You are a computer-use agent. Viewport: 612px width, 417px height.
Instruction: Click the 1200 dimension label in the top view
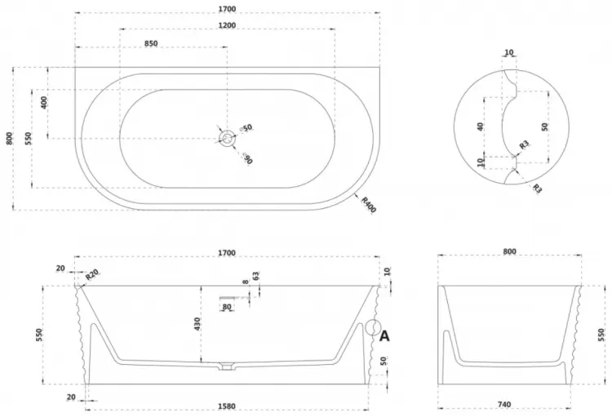pyautogui.click(x=227, y=25)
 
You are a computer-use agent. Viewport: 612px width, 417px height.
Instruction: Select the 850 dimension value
pyautogui.click(x=151, y=43)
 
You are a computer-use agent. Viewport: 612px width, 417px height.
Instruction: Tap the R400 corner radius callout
pyautogui.click(x=368, y=205)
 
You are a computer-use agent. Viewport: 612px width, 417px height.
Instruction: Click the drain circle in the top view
pyautogui.click(x=227, y=138)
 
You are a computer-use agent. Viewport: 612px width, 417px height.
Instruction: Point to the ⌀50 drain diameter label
pyautogui.click(x=246, y=128)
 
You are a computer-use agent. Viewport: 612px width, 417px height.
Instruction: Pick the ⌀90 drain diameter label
pyautogui.click(x=247, y=158)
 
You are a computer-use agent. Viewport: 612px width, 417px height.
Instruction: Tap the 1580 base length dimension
pyautogui.click(x=226, y=406)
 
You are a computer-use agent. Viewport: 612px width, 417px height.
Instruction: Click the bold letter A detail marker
pyautogui.click(x=384, y=335)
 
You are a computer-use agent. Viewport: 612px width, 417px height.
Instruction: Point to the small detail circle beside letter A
pyautogui.click(x=373, y=328)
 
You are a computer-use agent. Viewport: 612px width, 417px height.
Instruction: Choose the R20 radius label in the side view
pyautogui.click(x=91, y=275)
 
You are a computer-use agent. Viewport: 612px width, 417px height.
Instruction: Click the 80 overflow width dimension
pyautogui.click(x=227, y=307)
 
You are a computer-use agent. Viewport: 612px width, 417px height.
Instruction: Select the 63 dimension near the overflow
pyautogui.click(x=256, y=276)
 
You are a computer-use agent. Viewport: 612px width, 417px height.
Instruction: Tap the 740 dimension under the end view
pyautogui.click(x=504, y=405)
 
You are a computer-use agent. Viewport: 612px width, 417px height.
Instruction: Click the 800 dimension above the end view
pyautogui.click(x=509, y=252)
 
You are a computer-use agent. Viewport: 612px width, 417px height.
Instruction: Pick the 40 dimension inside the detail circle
pyautogui.click(x=481, y=126)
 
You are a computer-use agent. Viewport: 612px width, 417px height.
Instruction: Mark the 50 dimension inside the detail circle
pyautogui.click(x=545, y=126)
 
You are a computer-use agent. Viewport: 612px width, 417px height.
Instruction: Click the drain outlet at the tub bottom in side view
pyautogui.click(x=226, y=366)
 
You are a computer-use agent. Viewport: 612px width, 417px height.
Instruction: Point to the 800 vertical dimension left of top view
pyautogui.click(x=9, y=139)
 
